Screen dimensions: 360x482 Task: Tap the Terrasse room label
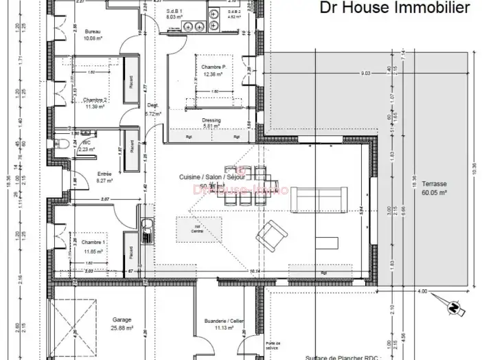tap(435, 185)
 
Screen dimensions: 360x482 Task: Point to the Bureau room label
tap(92, 32)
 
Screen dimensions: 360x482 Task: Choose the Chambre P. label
tap(214, 67)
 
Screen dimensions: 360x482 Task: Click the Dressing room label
tap(211, 120)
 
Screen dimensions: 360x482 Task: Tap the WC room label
tap(87, 142)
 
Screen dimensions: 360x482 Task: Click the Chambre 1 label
tap(93, 243)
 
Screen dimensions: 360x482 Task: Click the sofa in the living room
tap(318, 199)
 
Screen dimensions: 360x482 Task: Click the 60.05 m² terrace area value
tap(435, 194)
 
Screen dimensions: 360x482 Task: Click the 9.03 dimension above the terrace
tap(365, 73)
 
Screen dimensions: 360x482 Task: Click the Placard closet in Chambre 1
tap(128, 253)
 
